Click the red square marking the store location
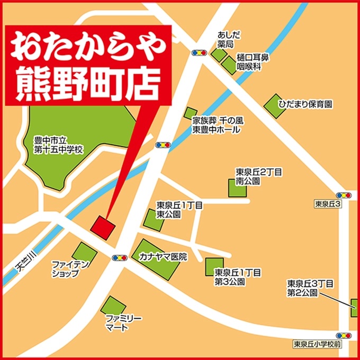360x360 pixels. coord(102,226)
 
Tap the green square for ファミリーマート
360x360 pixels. coord(113,305)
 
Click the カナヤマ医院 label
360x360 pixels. coord(163,257)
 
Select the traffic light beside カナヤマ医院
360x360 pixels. coord(120,258)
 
